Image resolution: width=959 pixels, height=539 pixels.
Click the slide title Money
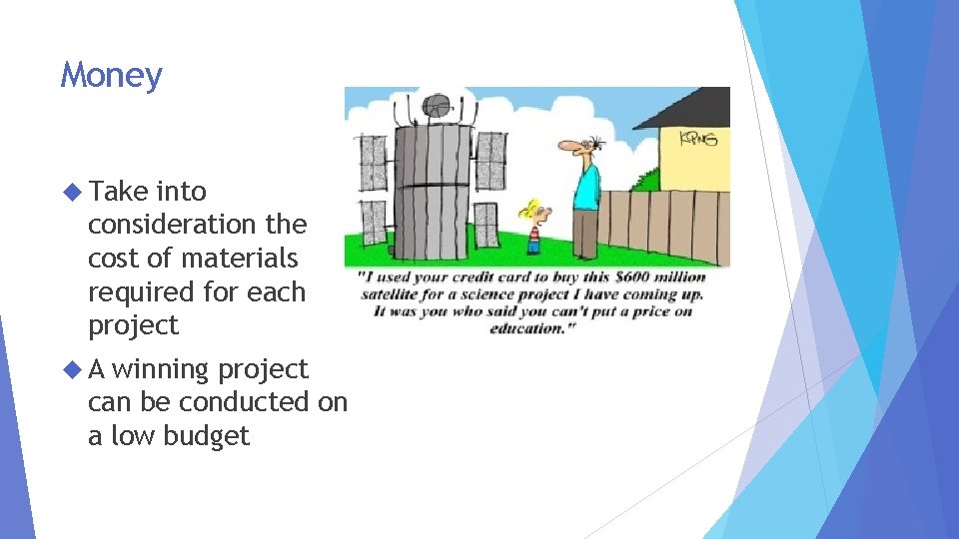tap(111, 76)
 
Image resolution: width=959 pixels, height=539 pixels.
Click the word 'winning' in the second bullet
tap(160, 369)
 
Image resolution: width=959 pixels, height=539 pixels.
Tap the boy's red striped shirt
tap(533, 240)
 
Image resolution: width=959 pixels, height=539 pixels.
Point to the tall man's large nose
tap(568, 149)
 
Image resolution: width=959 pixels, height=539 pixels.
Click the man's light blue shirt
tap(586, 185)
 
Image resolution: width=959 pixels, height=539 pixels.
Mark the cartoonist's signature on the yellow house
tap(698, 138)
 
